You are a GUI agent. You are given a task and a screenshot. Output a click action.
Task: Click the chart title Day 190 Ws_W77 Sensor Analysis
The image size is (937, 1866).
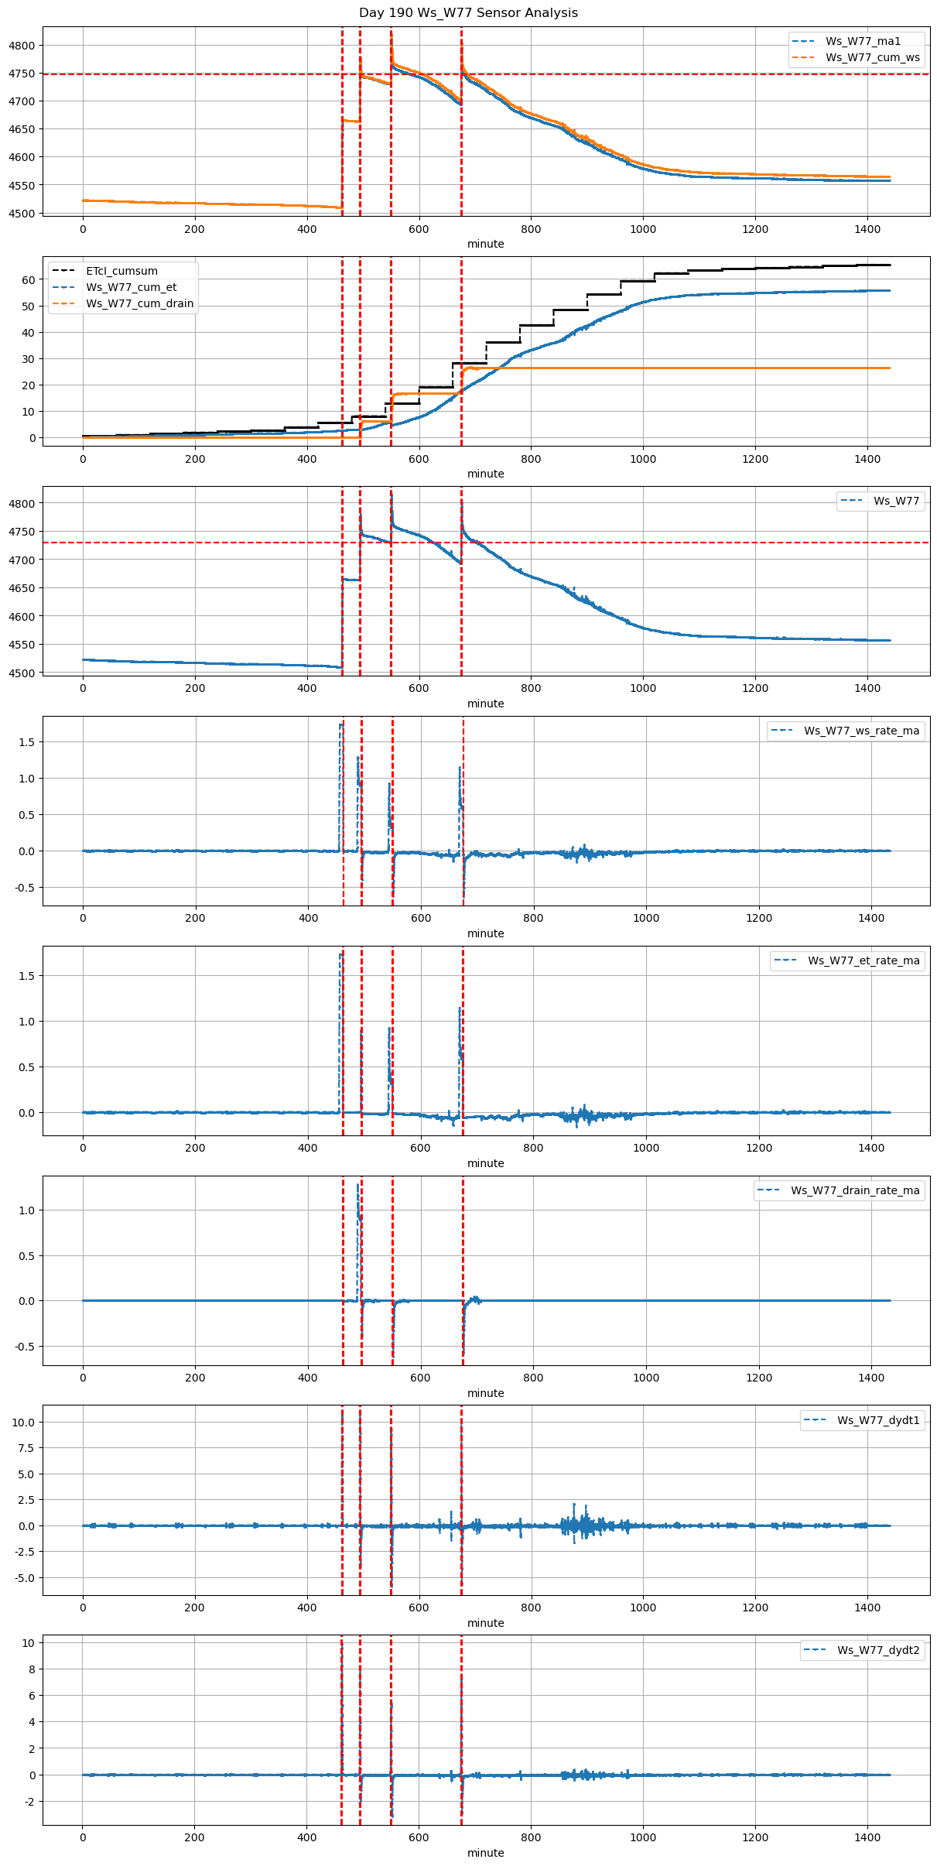coord(468,13)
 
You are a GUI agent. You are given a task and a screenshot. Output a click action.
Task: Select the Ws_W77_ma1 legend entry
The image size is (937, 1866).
coord(863,41)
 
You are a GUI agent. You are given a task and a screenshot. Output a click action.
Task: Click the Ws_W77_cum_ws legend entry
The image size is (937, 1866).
coord(872,57)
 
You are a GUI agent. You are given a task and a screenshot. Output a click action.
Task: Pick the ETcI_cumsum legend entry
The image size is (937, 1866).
coord(121,271)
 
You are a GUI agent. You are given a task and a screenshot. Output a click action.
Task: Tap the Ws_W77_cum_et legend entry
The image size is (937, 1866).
coord(131,287)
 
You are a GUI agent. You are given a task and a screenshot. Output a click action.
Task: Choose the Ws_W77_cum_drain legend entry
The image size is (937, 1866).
coord(139,303)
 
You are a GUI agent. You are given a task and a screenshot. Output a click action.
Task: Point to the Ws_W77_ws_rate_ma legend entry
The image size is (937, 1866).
coord(861,731)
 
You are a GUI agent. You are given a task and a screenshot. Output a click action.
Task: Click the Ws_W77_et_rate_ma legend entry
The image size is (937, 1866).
coord(863,960)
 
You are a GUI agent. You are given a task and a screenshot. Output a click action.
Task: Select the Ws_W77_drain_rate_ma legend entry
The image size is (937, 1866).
coord(855,1190)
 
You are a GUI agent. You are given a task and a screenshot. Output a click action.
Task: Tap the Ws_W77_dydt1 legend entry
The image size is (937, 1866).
coord(878,1420)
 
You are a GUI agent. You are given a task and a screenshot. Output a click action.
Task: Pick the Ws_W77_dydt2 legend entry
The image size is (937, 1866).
coord(878,1650)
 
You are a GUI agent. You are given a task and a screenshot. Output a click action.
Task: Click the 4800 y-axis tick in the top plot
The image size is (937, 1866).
coord(22,46)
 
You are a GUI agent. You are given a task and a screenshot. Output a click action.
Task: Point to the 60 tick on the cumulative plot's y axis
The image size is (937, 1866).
coord(29,280)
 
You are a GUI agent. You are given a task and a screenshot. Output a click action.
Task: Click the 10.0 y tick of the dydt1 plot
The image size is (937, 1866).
coord(23,1423)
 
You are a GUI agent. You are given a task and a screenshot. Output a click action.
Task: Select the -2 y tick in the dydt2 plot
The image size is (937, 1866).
coord(28,1802)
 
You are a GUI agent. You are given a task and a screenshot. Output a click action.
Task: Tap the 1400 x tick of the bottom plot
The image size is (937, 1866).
coord(867,1837)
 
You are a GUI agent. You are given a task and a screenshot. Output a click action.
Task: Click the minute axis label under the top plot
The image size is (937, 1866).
coord(485,244)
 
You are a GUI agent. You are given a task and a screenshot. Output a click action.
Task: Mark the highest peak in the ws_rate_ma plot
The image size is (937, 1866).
coord(340,724)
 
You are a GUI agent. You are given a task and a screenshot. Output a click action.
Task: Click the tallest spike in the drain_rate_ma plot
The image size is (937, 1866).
coord(357,1184)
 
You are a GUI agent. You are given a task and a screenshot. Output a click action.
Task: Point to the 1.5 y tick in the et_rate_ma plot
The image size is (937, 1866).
coord(26,976)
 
